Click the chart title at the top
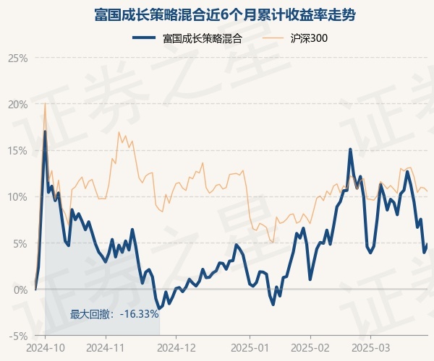tap(216, 14)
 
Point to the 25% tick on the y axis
tap(17, 58)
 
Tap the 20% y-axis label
tap(17, 104)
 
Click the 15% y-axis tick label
tap(17, 150)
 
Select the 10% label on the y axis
tap(17, 196)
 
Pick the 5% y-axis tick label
tap(20, 243)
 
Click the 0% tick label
tap(20, 290)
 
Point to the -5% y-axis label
tap(18, 336)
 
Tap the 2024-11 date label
tap(106, 347)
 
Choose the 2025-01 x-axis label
tap(250, 347)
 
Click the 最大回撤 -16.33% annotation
tap(114, 314)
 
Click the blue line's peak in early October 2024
tap(45, 131)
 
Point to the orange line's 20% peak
tap(45, 104)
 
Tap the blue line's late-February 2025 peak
tap(350, 149)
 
